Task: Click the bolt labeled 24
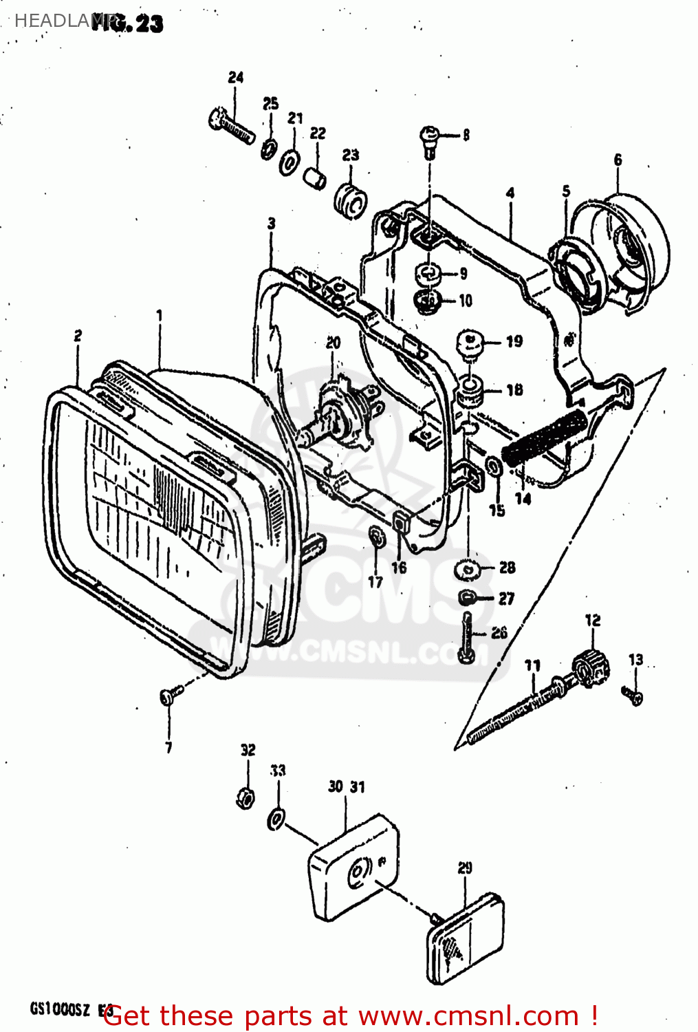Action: tap(230, 127)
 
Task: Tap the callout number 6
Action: tap(618, 160)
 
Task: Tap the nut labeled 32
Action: tap(246, 798)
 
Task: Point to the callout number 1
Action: tap(160, 315)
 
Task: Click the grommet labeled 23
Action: tap(351, 198)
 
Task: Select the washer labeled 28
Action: tap(468, 570)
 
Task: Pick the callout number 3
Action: tap(272, 223)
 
